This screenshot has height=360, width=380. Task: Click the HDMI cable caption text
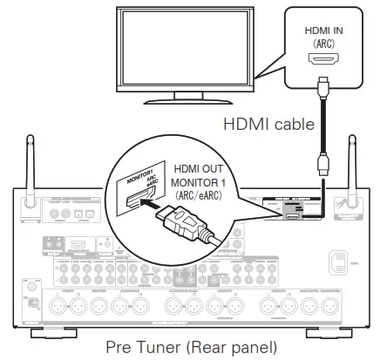pos(270,125)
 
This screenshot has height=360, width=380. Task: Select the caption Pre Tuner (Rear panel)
pos(190,346)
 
